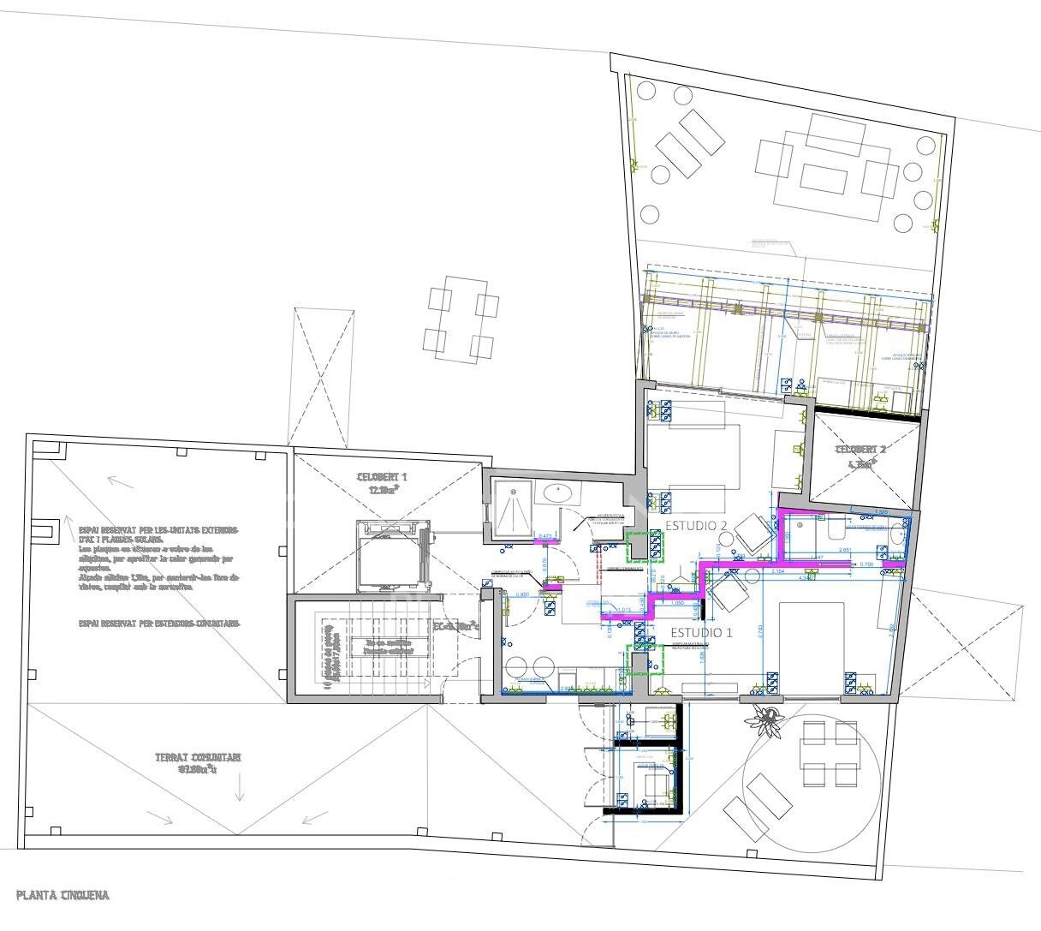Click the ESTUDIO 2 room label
[696, 525]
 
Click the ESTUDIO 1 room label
[702, 633]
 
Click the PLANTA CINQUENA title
[62, 896]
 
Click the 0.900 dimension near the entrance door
[521, 594]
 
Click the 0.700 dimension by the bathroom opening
[866, 564]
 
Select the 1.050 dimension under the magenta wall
[676, 603]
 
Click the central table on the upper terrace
[823, 178]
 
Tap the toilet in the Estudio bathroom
[833, 531]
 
